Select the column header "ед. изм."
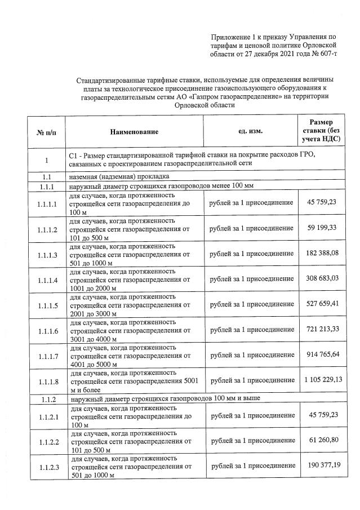(x=251, y=131)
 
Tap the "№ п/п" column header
(x=46, y=132)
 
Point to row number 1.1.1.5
(x=47, y=305)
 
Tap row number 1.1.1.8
(x=47, y=381)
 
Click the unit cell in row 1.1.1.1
(x=251, y=202)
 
